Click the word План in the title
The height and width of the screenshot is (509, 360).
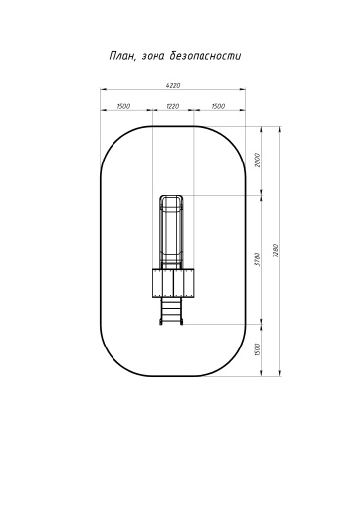coord(122,56)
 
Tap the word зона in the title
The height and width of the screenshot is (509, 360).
coord(154,56)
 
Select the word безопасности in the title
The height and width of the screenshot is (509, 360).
coord(205,56)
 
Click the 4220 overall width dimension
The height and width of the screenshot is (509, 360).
coord(173,86)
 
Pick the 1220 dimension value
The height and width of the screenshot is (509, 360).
coord(173,106)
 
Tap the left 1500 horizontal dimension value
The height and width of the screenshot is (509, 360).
coord(123,106)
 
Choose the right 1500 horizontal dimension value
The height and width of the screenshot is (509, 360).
coord(218,106)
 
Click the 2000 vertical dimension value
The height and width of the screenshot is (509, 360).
coord(257,160)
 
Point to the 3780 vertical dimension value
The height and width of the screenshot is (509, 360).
coord(257,259)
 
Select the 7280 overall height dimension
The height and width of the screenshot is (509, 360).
coord(276,251)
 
